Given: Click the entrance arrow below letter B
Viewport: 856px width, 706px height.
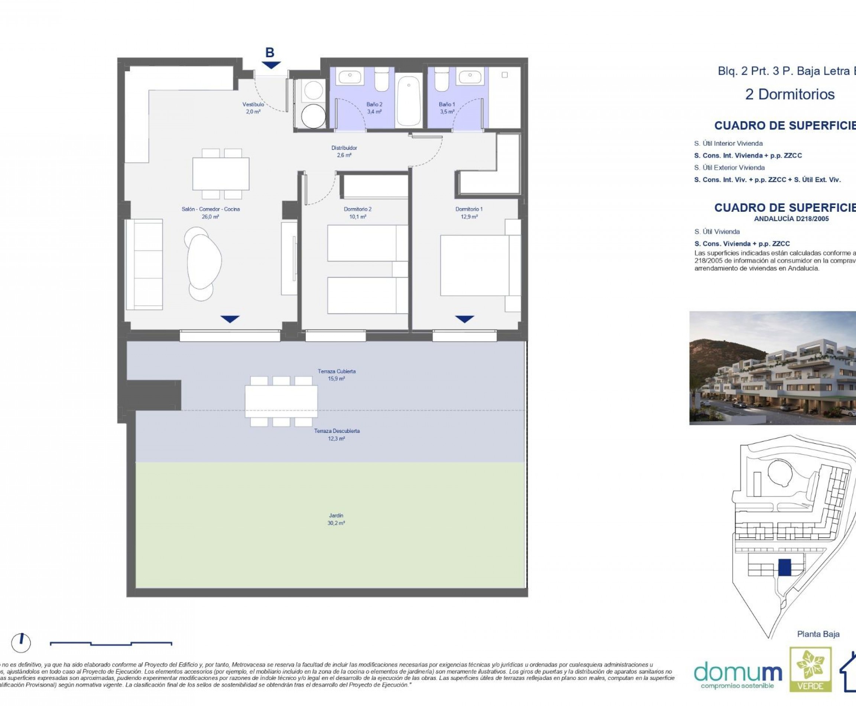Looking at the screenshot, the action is click(x=271, y=65).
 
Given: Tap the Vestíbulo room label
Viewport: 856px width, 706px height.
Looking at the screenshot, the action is click(x=253, y=108).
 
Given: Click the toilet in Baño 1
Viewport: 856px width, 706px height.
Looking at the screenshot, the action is click(x=442, y=80).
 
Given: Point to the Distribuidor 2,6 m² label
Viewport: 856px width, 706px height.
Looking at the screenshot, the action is click(x=344, y=151).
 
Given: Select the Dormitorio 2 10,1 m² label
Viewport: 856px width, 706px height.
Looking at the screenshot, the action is click(x=357, y=213).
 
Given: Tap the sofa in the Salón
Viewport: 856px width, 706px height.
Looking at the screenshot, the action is click(x=145, y=264).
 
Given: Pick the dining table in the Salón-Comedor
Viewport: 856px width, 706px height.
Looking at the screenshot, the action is click(x=221, y=173).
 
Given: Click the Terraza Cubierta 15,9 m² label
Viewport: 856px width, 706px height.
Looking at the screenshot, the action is click(x=337, y=375).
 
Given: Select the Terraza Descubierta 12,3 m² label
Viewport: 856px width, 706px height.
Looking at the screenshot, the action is click(x=337, y=434).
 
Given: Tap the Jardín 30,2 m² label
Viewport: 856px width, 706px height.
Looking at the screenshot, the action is click(x=336, y=519).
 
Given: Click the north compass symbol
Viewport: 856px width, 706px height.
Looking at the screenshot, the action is click(x=21, y=642).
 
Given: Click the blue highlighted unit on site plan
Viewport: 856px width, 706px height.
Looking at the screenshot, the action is click(x=784, y=567).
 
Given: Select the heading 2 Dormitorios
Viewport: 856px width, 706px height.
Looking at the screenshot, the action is click(x=790, y=94).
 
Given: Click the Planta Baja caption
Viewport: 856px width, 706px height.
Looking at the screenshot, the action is click(x=818, y=634).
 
